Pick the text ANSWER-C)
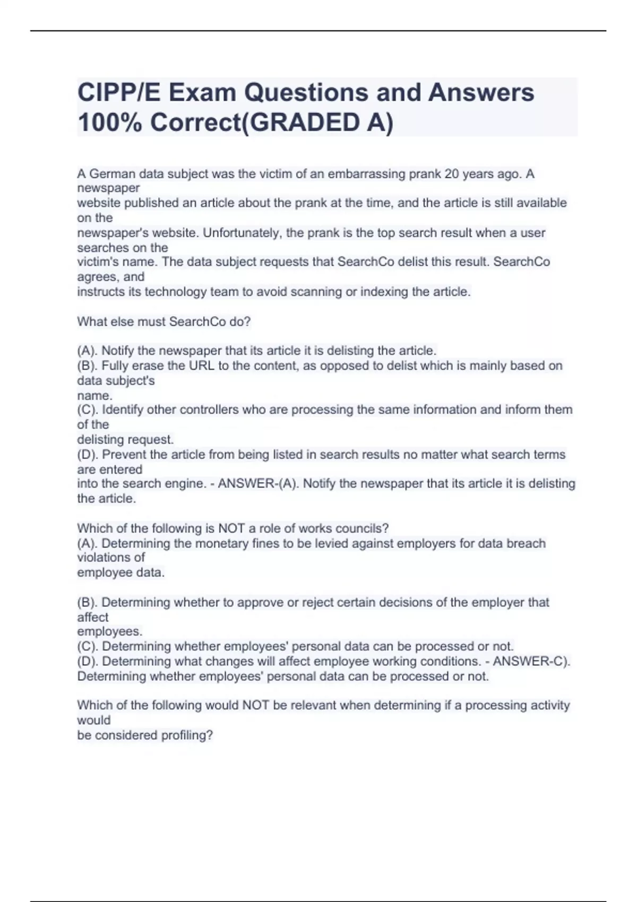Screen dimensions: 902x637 531,662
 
